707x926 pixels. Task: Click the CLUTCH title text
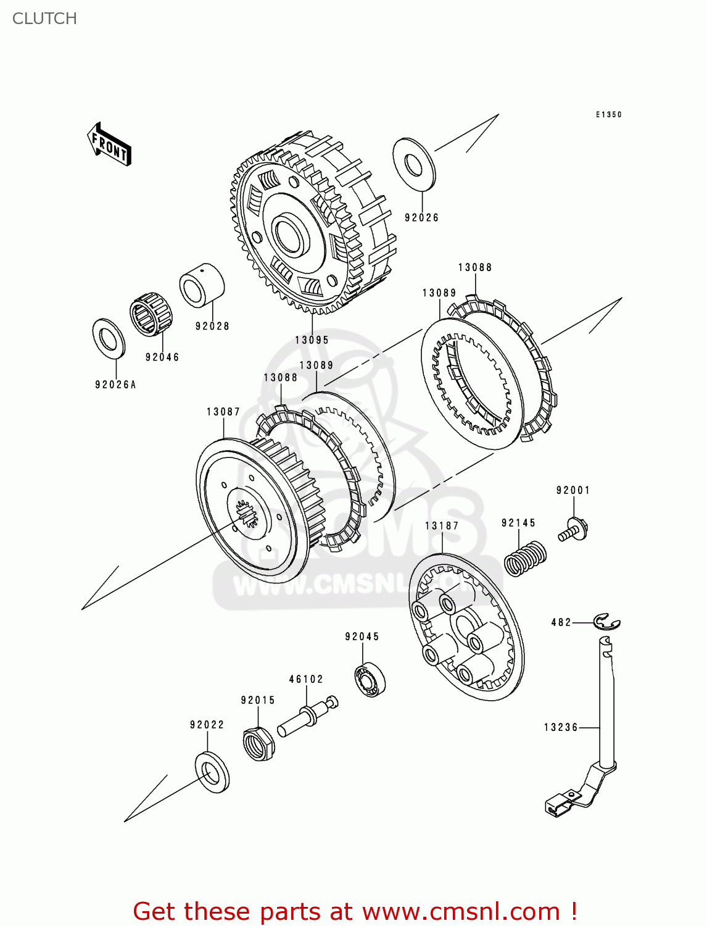[44, 19]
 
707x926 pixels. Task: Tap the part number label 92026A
[115, 385]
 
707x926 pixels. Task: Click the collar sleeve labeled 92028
[201, 285]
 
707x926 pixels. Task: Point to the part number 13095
[312, 340]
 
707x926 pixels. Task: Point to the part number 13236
[561, 727]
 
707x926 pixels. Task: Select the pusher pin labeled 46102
[307, 717]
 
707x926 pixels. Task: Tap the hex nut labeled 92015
[258, 743]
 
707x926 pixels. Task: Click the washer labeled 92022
[212, 772]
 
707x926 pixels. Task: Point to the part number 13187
[442, 526]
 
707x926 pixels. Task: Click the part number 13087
[223, 412]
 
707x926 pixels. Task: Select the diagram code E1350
[608, 115]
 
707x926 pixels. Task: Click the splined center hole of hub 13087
[247, 514]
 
